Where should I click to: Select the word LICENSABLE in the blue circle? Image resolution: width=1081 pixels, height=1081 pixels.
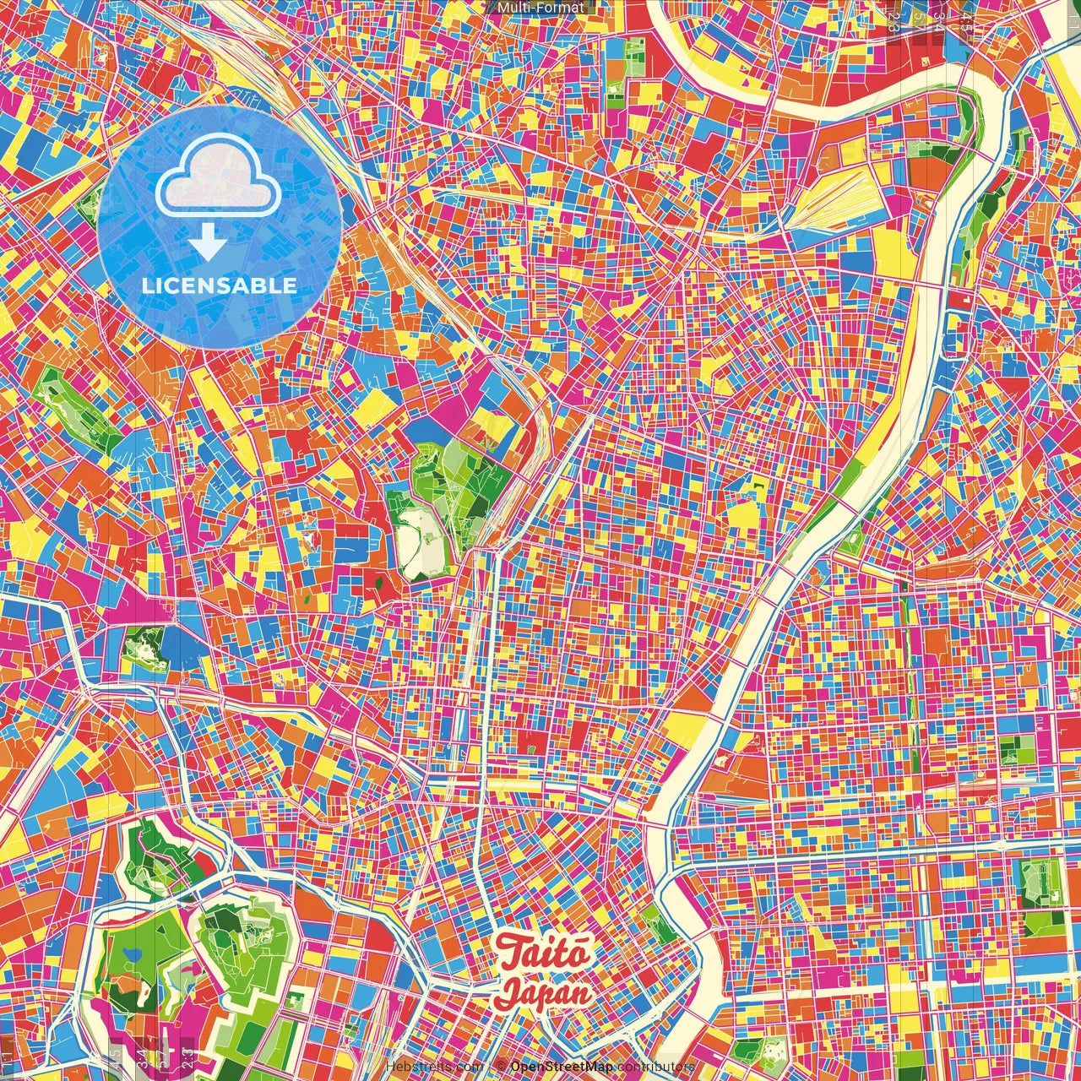[x=219, y=285]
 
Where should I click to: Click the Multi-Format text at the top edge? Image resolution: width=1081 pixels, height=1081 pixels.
[x=540, y=8]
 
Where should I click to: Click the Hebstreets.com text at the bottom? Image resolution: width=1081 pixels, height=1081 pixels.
[x=434, y=1067]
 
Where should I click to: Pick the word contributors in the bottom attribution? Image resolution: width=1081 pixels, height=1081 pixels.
[x=655, y=1067]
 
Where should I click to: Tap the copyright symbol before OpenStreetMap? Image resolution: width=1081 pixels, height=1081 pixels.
[x=501, y=1067]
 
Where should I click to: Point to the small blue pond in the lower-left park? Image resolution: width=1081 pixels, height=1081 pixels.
[x=132, y=955]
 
